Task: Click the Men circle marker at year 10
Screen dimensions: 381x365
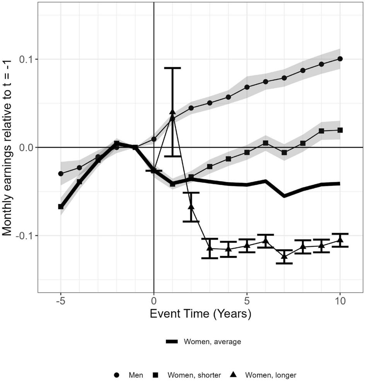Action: click(x=340, y=59)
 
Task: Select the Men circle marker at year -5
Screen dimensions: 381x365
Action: click(x=61, y=173)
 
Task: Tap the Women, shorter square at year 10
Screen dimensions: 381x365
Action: click(x=340, y=130)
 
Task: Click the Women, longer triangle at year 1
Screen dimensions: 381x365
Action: click(x=172, y=112)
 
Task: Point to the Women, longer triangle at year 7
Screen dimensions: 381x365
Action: click(x=284, y=256)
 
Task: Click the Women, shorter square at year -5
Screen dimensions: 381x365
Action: click(x=61, y=207)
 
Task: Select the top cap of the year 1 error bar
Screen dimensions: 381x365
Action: click(x=172, y=68)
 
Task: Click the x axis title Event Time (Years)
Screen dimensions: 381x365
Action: click(x=200, y=314)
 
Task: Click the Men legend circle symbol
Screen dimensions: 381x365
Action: click(x=117, y=375)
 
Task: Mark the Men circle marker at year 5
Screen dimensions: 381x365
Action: click(x=247, y=87)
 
